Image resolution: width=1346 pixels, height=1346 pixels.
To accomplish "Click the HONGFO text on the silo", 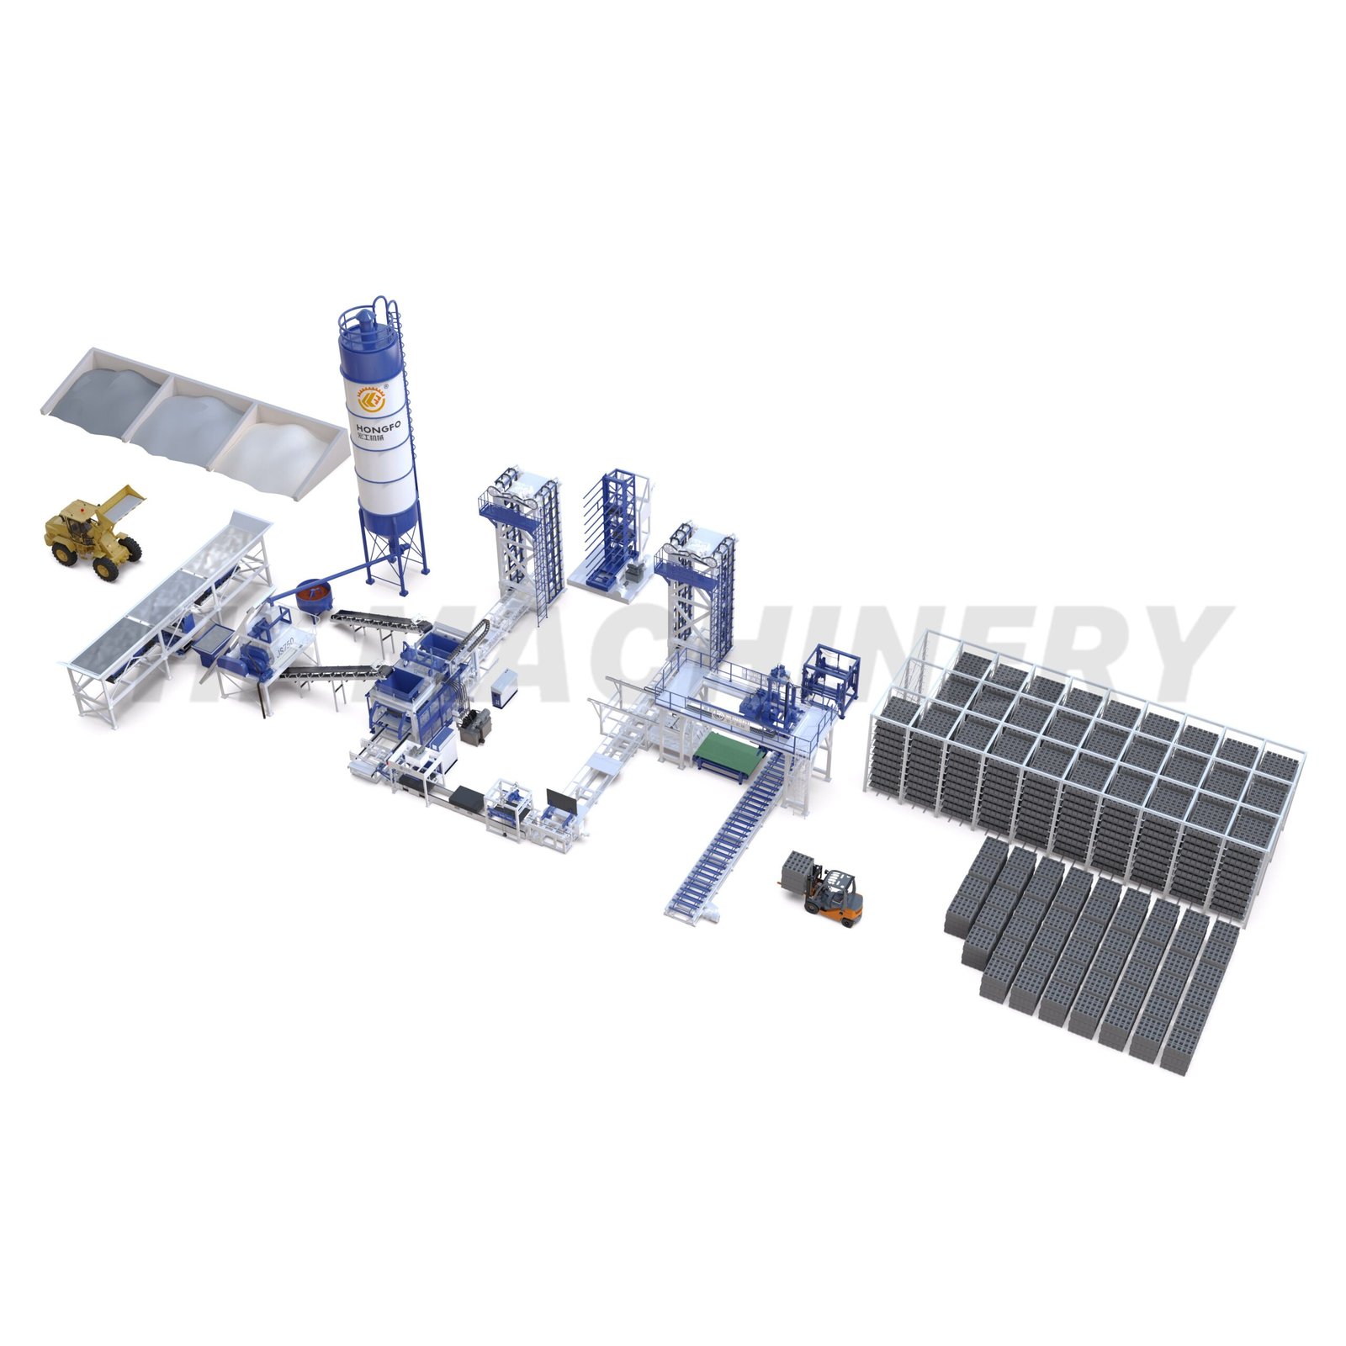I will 379,429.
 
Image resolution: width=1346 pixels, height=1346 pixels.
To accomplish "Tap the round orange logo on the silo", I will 371,403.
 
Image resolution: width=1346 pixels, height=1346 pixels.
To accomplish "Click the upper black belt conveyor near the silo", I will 379,623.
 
